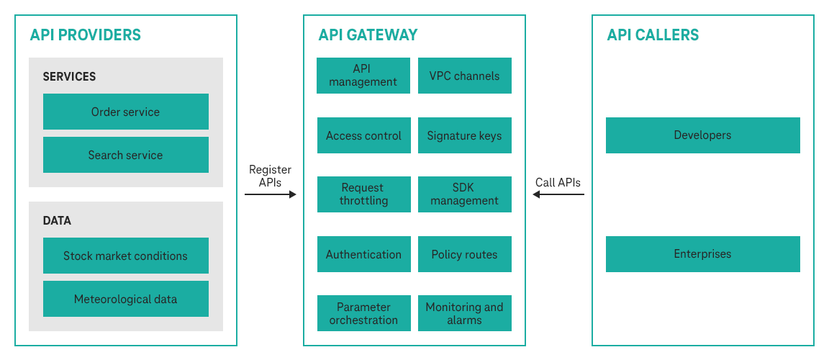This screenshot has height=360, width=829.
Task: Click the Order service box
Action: (126, 112)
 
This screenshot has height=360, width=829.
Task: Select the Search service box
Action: (126, 155)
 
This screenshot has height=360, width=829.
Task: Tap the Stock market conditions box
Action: (126, 256)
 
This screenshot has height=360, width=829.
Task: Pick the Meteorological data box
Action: (126, 299)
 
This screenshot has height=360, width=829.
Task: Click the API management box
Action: (363, 76)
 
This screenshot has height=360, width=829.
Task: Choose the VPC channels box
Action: (465, 76)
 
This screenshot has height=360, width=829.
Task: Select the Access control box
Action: (363, 135)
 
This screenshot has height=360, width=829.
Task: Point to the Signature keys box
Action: (465, 135)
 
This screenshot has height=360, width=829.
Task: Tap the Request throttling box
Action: (363, 194)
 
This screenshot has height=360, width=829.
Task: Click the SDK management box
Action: (465, 194)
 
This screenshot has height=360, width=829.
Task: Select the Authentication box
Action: (363, 254)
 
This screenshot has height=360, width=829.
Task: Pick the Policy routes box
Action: (465, 254)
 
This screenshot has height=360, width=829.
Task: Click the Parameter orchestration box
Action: (363, 313)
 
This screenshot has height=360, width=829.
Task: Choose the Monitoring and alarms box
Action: (465, 313)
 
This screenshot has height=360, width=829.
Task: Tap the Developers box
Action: (703, 135)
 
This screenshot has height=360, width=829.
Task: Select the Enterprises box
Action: (703, 254)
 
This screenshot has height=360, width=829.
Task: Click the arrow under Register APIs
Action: (271, 194)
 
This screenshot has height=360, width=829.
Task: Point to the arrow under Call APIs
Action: (558, 194)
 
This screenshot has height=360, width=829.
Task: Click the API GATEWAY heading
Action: (368, 35)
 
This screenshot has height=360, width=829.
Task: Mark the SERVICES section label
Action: (69, 76)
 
